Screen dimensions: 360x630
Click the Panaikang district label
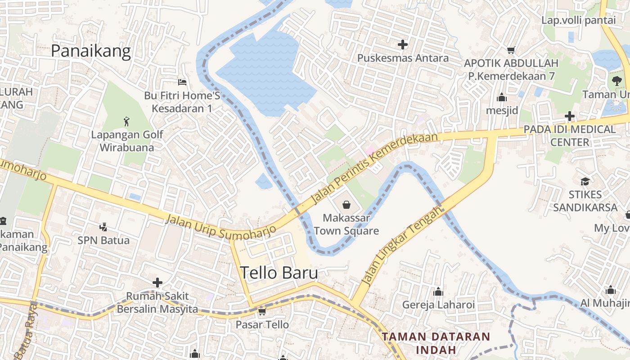[x=90, y=51]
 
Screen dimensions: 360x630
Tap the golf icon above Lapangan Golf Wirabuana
[x=126, y=121]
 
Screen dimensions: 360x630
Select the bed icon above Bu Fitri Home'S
[x=182, y=82]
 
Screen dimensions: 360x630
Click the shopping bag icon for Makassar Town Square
[x=346, y=205]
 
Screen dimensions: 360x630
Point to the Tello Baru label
[x=279, y=273]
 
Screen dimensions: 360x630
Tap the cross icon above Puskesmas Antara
[x=403, y=44]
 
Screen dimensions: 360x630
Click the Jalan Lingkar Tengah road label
[x=402, y=248]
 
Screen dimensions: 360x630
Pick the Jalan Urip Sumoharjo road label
[x=220, y=226]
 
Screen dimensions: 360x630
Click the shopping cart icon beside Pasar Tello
[x=262, y=311]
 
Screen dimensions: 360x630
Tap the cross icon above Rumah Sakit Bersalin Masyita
[x=157, y=283]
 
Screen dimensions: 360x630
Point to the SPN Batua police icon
[x=103, y=227]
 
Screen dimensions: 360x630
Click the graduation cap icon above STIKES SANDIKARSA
[x=585, y=181]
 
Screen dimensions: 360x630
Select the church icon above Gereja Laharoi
[x=438, y=292]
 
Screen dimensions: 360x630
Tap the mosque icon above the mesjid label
[x=502, y=97]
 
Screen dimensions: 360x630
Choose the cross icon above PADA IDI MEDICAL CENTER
[x=570, y=116]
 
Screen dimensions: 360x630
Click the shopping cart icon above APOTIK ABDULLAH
[x=511, y=50]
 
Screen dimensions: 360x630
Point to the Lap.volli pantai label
[x=578, y=20]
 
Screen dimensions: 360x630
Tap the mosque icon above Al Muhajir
[x=611, y=290]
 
